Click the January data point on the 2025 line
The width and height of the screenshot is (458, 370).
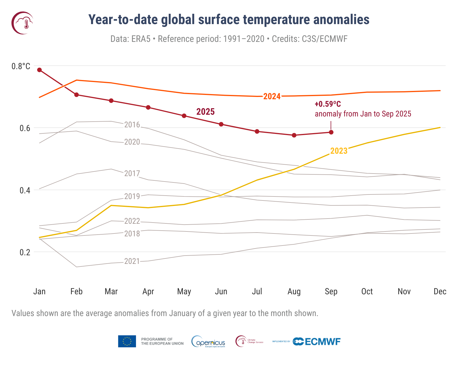40,70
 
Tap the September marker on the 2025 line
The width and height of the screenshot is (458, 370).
331,132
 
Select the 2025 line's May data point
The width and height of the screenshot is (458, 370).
184,116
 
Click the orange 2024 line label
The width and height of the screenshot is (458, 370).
272,96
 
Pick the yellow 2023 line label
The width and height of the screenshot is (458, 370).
339,151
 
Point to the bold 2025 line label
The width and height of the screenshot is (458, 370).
205,112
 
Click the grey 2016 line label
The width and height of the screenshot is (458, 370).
132,125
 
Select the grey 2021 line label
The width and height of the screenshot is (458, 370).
132,261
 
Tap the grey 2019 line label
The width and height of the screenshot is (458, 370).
132,196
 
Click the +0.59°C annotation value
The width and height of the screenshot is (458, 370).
328,104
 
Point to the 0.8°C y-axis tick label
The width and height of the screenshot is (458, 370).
21,66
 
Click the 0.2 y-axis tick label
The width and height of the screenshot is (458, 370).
25,252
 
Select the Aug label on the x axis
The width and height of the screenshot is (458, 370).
294,292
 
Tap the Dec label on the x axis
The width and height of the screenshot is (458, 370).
440,292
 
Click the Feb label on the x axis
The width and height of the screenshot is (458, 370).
76,292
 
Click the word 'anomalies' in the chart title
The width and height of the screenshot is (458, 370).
341,20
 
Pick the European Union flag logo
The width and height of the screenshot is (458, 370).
127,341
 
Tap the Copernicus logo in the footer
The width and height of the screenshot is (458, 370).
208,342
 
